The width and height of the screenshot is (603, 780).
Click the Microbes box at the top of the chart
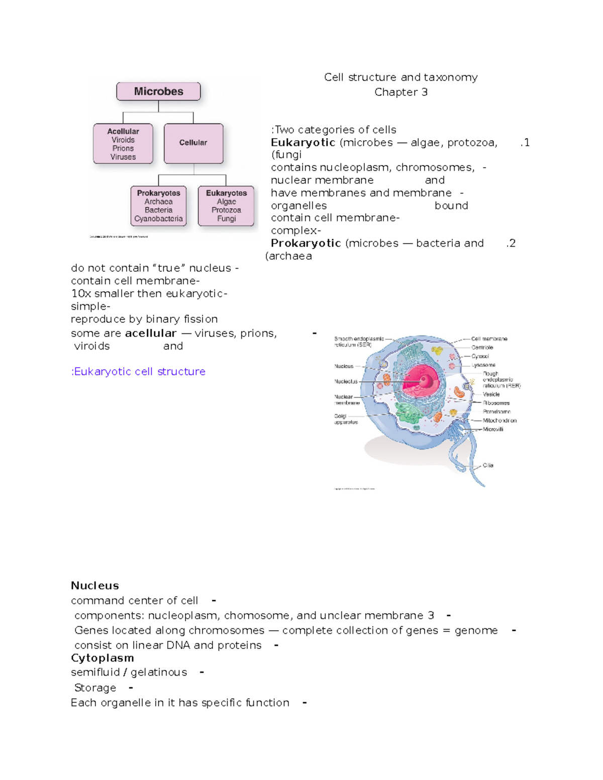click(158, 91)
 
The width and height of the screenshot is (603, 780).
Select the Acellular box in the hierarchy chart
click(123, 144)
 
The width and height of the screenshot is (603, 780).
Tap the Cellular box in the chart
click(193, 143)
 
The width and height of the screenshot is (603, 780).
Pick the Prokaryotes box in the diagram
click(158, 206)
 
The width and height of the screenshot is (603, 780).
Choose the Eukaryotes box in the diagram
click(226, 206)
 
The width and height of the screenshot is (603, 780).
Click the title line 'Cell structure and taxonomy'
click(400, 77)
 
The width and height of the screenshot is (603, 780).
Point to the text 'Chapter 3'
click(400, 92)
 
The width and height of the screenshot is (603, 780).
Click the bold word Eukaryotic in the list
click(303, 143)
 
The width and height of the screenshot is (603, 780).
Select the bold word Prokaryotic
click(306, 244)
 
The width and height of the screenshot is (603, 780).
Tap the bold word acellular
click(150, 333)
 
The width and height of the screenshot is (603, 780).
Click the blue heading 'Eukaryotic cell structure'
click(139, 372)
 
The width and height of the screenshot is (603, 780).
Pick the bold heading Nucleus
click(94, 586)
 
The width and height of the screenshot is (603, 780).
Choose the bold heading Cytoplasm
click(102, 658)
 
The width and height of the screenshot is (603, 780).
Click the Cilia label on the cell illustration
click(488, 466)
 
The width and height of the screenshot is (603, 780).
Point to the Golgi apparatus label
click(346, 419)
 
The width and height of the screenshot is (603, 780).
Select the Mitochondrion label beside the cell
click(499, 420)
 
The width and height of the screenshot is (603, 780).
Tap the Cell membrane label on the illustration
click(489, 339)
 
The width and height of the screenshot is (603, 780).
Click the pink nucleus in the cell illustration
click(421, 382)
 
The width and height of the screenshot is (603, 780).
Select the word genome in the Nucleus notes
click(476, 630)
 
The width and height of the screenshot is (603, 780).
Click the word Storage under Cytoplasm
click(95, 688)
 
